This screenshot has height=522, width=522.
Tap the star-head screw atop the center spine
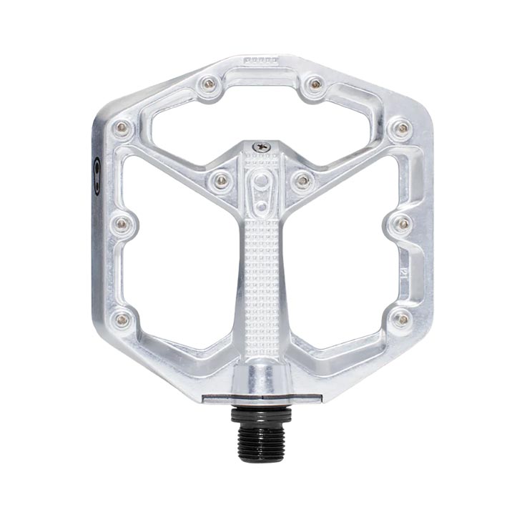coord(261,147)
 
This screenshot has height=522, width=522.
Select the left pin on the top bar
coord(208,84)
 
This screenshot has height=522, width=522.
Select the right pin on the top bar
coord(314,84)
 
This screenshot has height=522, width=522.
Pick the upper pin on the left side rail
coord(122,128)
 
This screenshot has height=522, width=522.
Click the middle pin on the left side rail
coord(122,224)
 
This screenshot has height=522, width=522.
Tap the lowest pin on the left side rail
coord(122,319)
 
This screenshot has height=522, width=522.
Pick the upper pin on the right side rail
coord(402,128)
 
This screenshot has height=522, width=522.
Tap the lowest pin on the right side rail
coord(401,319)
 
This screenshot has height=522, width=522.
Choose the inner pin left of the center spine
coord(220,179)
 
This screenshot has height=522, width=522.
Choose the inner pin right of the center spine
coord(302,179)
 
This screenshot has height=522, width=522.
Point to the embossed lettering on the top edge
coord(261,62)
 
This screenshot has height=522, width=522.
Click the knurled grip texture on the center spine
coord(262,286)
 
